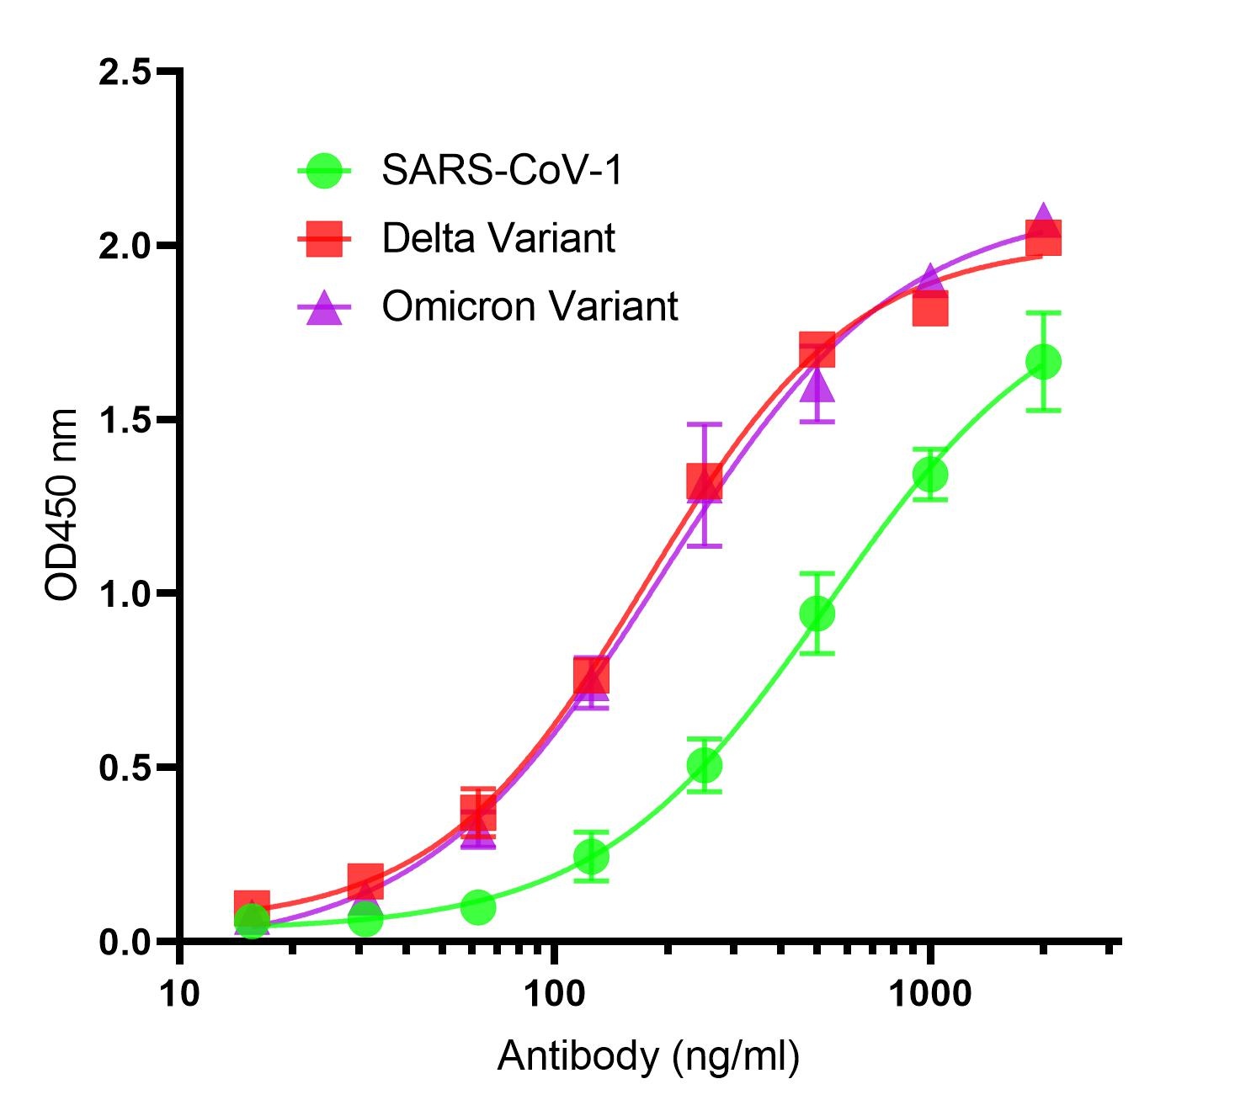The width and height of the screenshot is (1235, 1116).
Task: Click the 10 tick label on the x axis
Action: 178,994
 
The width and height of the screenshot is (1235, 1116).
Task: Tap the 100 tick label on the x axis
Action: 553,994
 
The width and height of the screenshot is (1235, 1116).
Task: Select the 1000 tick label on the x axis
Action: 929,994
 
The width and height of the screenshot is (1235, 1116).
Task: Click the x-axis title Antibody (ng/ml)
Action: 648,1055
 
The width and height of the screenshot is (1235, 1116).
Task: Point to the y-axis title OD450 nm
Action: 61,505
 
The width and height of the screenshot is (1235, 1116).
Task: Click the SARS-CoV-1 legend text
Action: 502,170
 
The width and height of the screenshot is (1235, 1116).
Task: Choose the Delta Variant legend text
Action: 498,238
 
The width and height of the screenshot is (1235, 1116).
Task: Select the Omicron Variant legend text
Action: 530,306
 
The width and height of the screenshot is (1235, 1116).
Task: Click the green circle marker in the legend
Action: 324,171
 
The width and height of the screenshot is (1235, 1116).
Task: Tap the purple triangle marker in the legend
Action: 324,308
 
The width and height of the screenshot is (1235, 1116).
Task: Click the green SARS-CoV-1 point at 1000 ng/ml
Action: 930,475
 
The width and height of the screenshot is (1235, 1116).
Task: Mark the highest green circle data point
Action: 1043,362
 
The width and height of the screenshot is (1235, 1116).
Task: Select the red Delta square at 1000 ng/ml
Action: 930,309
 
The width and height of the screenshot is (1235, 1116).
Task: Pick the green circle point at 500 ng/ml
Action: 817,614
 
